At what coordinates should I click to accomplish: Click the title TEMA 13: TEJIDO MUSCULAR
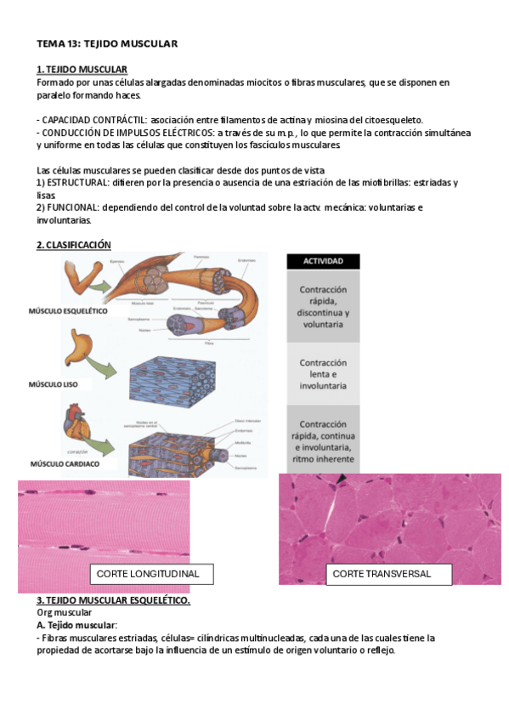point(106,43)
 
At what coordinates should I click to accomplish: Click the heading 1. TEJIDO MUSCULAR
point(82,69)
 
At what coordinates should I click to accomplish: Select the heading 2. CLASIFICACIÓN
point(74,245)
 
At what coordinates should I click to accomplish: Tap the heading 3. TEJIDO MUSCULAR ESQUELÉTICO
point(113,600)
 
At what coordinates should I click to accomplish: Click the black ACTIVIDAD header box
point(323,262)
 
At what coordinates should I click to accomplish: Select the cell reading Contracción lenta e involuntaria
point(323,374)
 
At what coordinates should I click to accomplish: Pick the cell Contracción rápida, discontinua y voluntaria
point(323,306)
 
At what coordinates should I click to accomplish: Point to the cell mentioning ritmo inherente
point(323,441)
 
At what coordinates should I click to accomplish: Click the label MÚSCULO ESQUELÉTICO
point(68,312)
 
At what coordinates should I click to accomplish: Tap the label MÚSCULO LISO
point(54,384)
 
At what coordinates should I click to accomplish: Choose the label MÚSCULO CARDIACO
point(65,464)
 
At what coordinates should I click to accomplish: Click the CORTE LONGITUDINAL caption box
point(148,574)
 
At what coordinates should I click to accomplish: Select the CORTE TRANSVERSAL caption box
point(382,574)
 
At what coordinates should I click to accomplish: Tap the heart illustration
point(73,425)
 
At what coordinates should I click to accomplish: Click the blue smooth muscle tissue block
point(182,369)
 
